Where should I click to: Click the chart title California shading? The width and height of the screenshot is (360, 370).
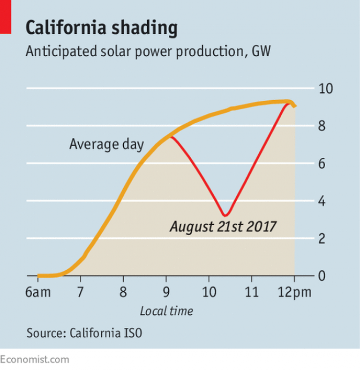(101, 28)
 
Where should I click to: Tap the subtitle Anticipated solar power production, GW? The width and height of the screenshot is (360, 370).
(148, 51)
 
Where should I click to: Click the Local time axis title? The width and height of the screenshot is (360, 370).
(166, 311)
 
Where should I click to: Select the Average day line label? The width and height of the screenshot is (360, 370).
(106, 145)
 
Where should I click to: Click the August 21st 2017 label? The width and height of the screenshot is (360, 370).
(223, 228)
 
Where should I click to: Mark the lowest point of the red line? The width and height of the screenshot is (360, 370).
(225, 215)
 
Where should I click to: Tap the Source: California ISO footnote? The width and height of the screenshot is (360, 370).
(84, 333)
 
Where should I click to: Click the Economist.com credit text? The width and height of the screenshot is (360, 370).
(34, 359)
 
